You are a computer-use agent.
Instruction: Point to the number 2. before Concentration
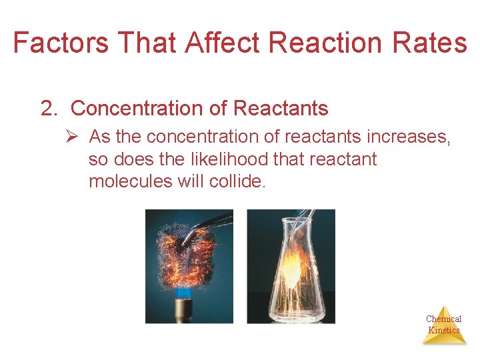click(50, 109)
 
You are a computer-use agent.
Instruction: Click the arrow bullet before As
click(74, 137)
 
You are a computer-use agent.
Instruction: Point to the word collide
click(239, 181)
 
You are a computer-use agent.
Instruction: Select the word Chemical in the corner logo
click(443, 319)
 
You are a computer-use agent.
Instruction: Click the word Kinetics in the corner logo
click(443, 330)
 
